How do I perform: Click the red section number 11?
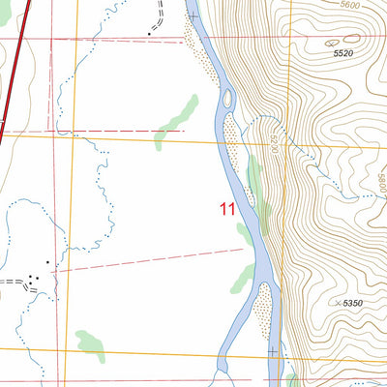[x=227, y=208]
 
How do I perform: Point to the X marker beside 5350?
[x=335, y=304]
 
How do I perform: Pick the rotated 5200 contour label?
[x=275, y=145]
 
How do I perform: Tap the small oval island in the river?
[x=228, y=98]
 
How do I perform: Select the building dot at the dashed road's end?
[x=149, y=33]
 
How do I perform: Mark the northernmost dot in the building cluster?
[x=46, y=262]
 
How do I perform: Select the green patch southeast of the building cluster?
[x=91, y=341]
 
